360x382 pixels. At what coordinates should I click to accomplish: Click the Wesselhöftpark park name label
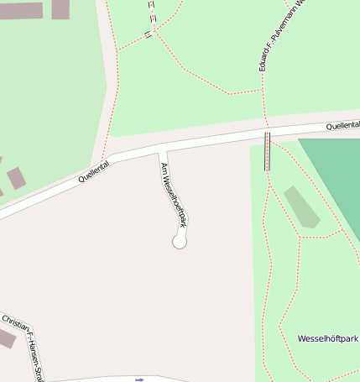coord(327,338)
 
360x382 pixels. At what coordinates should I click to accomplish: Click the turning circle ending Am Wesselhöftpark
coord(179,242)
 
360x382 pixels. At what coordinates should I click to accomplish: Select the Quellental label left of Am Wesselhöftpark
coord(94,172)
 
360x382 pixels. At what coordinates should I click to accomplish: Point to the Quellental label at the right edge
coord(342,125)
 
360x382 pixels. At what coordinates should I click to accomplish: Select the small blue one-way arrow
coord(139,379)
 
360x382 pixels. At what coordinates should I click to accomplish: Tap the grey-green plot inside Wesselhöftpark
coord(302,207)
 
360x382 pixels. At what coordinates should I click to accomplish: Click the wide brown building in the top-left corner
coord(21,11)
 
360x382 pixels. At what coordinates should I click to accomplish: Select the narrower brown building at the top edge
coord(60,8)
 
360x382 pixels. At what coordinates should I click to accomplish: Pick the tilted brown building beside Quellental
coord(16,178)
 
